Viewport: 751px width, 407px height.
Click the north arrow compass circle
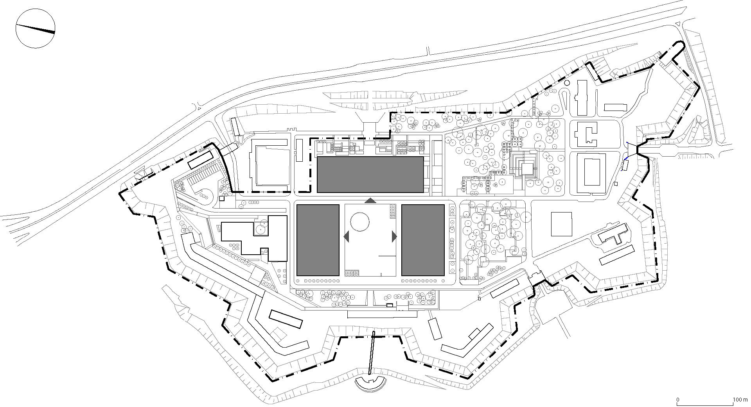[x=35, y=29]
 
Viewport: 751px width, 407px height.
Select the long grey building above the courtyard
[x=370, y=175]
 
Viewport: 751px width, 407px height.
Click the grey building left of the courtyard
[x=318, y=240]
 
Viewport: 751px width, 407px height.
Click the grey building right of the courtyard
[x=422, y=240]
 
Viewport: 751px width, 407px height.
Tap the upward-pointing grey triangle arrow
[x=370, y=201]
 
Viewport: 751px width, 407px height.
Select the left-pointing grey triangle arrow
[x=347, y=236]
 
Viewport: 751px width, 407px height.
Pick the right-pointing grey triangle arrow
[x=394, y=236]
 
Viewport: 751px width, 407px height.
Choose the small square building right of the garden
[x=561, y=224]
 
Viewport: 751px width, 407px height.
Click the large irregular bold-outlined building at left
[x=254, y=239]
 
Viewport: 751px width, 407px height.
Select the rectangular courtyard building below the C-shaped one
[x=591, y=172]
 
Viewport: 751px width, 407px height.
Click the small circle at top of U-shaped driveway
[x=567, y=83]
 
